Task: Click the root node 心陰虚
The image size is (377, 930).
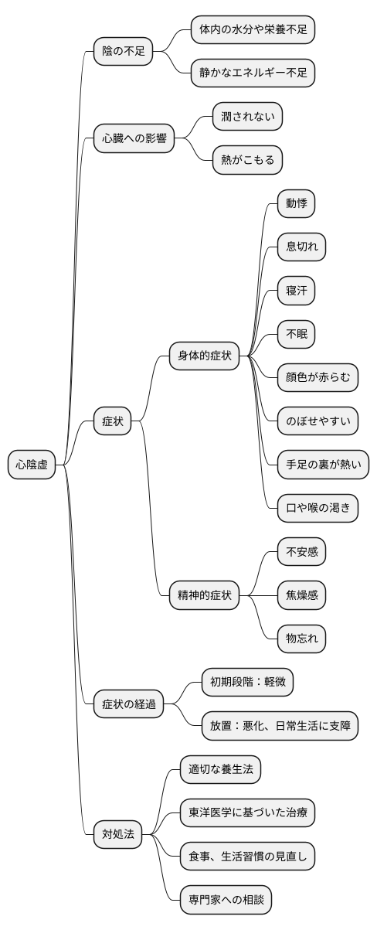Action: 32,465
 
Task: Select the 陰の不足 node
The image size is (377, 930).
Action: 124,52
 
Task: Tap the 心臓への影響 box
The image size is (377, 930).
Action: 134,140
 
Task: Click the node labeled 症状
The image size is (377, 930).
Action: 113,421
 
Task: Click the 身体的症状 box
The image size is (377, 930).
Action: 205,356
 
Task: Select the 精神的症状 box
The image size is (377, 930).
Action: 205,595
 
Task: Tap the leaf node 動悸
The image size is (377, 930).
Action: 297,204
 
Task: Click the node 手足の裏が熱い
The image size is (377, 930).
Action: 324,465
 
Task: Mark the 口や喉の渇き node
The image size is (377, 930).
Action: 318,508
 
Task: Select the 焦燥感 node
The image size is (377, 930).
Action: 301,595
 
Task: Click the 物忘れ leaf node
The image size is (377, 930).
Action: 301,639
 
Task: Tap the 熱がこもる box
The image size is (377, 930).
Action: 247,161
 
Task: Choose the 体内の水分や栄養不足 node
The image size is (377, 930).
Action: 253,30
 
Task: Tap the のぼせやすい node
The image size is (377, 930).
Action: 318,421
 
